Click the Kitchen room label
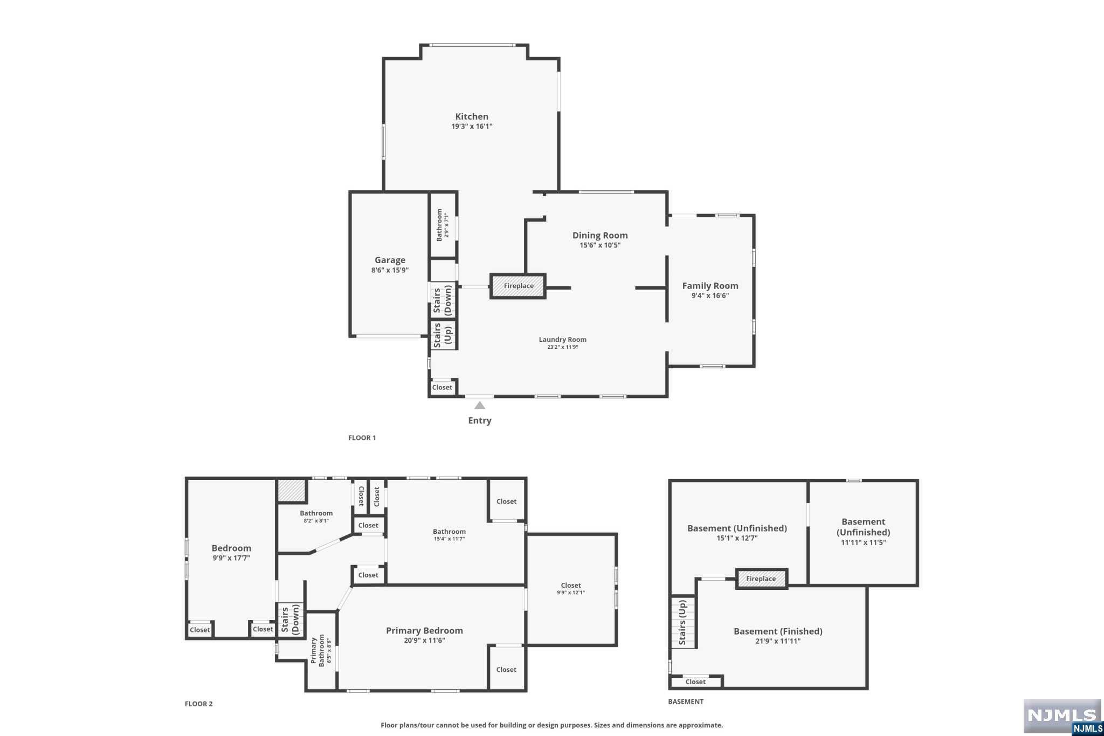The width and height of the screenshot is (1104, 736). pyautogui.click(x=472, y=116)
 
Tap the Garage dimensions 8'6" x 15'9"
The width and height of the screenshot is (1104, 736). pyautogui.click(x=390, y=270)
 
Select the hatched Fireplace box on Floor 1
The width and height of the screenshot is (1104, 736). pyautogui.click(x=518, y=286)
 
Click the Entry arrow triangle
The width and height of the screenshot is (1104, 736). pyautogui.click(x=479, y=405)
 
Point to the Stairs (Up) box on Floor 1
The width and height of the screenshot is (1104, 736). pyautogui.click(x=443, y=335)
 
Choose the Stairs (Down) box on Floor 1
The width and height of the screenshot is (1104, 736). pyautogui.click(x=443, y=301)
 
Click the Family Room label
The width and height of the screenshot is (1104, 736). pyautogui.click(x=710, y=286)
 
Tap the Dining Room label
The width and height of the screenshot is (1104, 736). pyautogui.click(x=599, y=235)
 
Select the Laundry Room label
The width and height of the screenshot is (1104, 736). pyautogui.click(x=562, y=339)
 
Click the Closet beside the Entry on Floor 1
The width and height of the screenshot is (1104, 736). pyautogui.click(x=442, y=387)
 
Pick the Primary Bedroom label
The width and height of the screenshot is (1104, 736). pyautogui.click(x=424, y=630)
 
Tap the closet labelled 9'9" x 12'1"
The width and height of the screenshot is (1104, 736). pyautogui.click(x=570, y=588)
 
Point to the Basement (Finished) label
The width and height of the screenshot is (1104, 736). pyautogui.click(x=777, y=631)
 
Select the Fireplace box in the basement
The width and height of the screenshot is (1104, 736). pyautogui.click(x=761, y=579)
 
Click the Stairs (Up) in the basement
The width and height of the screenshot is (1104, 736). pyautogui.click(x=683, y=622)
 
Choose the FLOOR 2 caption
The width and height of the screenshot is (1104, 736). pyautogui.click(x=198, y=704)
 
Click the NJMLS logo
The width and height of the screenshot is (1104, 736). pyautogui.click(x=1062, y=716)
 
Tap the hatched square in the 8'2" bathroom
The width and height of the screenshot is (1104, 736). pyautogui.click(x=292, y=491)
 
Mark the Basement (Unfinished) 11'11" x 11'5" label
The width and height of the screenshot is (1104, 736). pyautogui.click(x=863, y=532)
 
